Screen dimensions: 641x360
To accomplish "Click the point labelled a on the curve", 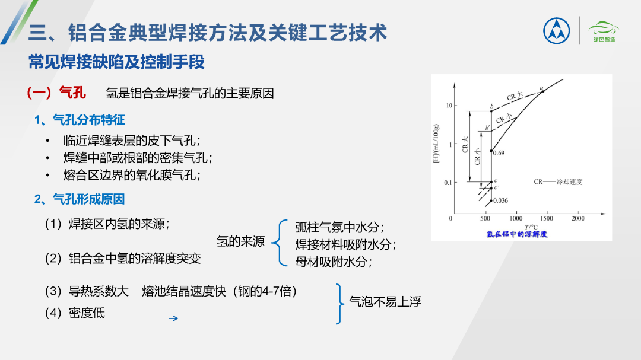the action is tap(543, 91).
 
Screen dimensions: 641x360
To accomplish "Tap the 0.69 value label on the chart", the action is tap(499, 153).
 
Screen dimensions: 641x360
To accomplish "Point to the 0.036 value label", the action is tap(500, 200).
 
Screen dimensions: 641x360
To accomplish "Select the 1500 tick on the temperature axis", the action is tap(547, 219).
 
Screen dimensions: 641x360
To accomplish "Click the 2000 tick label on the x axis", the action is tap(577, 219).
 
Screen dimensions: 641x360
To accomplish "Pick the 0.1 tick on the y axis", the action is tap(448, 183).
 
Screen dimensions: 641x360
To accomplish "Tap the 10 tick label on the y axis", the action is tap(449, 106).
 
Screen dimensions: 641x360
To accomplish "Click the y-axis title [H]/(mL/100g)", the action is tap(436, 144).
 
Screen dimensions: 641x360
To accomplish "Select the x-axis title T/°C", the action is tap(531, 227).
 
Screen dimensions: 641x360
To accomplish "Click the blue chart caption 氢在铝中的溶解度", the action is tap(517, 234).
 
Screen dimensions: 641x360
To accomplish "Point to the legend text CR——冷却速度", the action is tap(558, 182).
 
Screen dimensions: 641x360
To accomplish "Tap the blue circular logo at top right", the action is tap(556, 31).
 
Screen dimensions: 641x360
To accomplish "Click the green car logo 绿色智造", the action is tap(604, 31).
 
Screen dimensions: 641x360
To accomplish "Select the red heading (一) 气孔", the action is tap(56, 93).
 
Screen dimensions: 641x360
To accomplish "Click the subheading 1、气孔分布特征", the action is tap(80, 120).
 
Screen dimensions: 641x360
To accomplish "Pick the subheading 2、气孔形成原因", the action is tap(80, 199).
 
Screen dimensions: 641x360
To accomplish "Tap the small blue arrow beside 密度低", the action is tap(173, 318).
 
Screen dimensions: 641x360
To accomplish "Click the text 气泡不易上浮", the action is tap(385, 302).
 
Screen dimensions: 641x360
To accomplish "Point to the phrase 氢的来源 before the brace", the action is tap(241, 241).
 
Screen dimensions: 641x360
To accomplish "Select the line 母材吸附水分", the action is tap(333, 262).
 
